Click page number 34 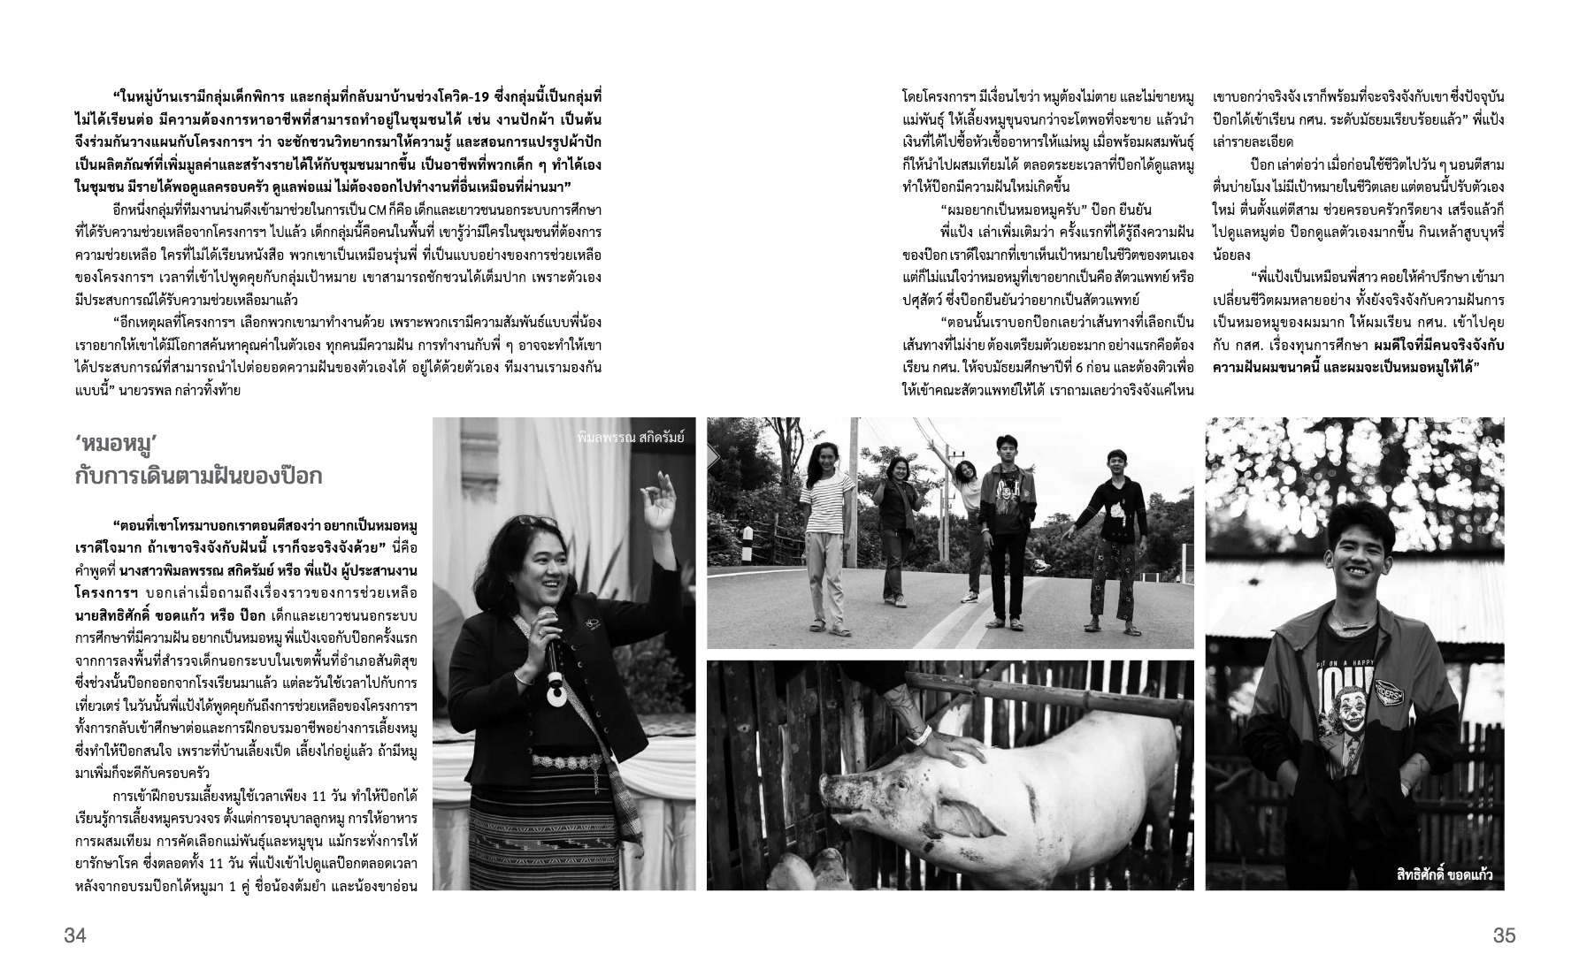[75, 935]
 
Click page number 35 [1504, 935]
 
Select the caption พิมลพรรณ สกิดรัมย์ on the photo [629, 436]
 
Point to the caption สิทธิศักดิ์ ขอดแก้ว [1438, 874]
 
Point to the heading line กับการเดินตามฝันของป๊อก [199, 477]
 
